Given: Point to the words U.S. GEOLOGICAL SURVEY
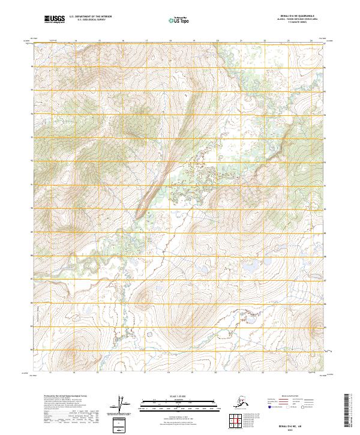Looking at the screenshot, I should click(x=83, y=21).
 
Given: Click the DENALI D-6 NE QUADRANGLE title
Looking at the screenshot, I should click(x=290, y=17).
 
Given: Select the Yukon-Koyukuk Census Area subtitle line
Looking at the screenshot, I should click(x=290, y=20).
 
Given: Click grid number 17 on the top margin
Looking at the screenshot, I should click(x=146, y=41).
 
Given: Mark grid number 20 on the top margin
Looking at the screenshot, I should click(x=217, y=41).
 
